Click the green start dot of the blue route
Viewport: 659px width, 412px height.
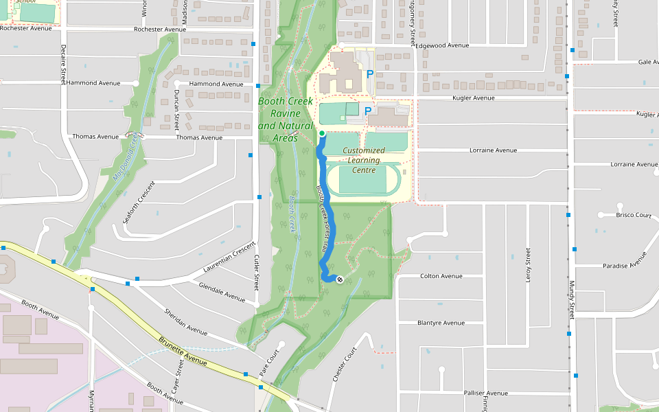322,133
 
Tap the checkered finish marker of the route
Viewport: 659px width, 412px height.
339,279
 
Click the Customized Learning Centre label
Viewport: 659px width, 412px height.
364,160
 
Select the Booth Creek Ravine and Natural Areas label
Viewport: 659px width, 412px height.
285,119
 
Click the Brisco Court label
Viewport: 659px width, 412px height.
634,215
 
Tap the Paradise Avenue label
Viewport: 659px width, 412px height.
625,262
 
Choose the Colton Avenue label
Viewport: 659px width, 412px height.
441,276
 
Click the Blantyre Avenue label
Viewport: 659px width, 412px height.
441,323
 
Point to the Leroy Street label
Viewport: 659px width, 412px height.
529,265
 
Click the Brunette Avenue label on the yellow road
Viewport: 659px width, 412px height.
183,351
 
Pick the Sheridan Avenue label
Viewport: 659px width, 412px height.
185,322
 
